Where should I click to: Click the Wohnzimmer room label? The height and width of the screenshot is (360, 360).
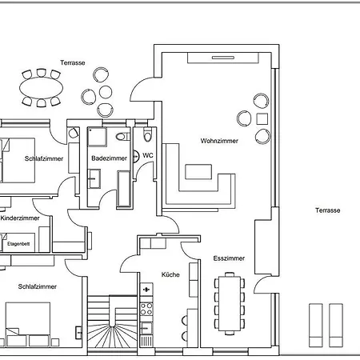click(x=219, y=141)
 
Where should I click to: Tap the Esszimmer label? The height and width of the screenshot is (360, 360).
click(x=229, y=258)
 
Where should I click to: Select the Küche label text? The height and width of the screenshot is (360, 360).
click(x=170, y=274)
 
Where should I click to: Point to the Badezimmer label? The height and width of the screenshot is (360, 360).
click(x=109, y=158)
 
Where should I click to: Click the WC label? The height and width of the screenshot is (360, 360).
click(x=148, y=155)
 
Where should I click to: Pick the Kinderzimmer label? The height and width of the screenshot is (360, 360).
click(x=20, y=218)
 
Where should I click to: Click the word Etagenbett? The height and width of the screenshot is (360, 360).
click(x=18, y=244)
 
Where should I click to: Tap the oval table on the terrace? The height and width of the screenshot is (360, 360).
click(x=42, y=88)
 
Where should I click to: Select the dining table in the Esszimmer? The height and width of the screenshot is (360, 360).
click(x=230, y=303)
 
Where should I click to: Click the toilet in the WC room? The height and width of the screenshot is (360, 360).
click(x=147, y=134)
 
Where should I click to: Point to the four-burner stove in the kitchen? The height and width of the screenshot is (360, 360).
click(x=146, y=309)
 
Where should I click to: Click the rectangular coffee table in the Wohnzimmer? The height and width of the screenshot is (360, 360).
click(x=198, y=172)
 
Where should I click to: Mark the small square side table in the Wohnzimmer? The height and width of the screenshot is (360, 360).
click(x=262, y=119)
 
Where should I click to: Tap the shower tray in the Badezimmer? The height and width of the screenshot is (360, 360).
click(x=98, y=137)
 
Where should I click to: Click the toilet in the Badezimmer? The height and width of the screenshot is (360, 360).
click(x=122, y=137)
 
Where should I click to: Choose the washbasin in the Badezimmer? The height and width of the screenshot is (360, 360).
click(x=94, y=178)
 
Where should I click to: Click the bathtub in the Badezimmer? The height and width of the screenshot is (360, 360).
click(x=124, y=189)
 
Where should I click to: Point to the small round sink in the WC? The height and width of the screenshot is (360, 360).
click(x=136, y=156)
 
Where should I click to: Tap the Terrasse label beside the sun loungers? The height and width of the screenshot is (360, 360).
click(x=328, y=210)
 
